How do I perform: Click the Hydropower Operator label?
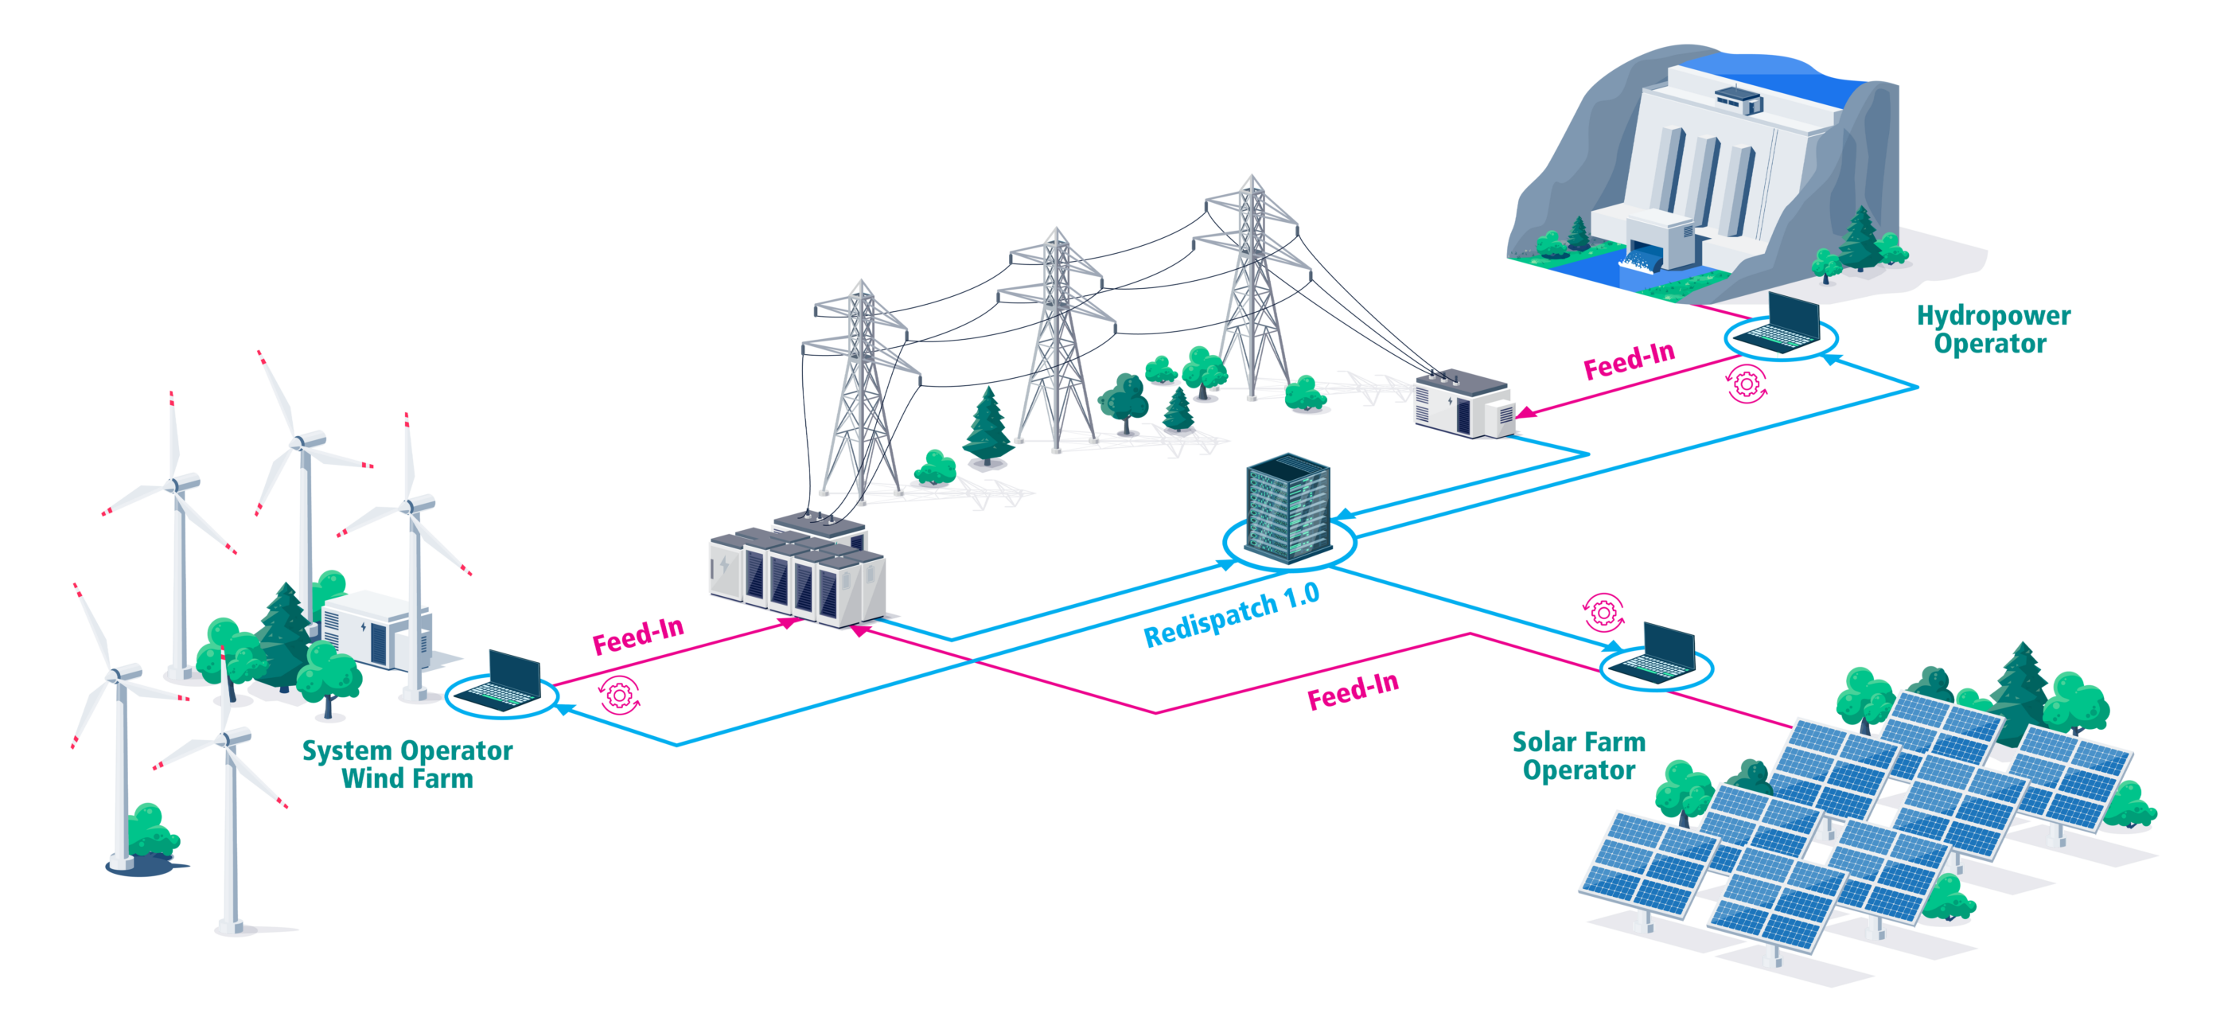[1992, 329]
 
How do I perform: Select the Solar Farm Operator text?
[1579, 755]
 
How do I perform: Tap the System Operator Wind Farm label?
[407, 764]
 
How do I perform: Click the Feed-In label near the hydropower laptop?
[1629, 361]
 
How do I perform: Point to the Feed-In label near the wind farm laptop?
[637, 636]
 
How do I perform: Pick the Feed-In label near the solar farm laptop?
[1352, 691]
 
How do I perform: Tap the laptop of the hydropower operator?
[1782, 325]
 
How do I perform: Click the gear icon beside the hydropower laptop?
[1747, 384]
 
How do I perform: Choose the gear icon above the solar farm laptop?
[1603, 614]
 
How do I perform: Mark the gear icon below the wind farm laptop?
[619, 695]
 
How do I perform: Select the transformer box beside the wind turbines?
[374, 629]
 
